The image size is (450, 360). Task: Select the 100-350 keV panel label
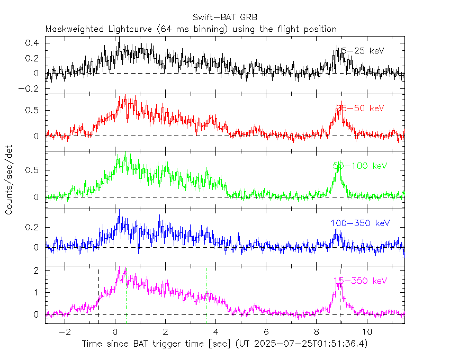point(360,223)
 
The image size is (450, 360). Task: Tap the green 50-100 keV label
point(358,166)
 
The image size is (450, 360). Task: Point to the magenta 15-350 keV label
point(360,281)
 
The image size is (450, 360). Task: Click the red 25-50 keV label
point(360,109)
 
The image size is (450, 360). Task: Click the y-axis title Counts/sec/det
point(9,181)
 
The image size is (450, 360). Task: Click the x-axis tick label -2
point(64,332)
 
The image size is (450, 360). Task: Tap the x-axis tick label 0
point(115,332)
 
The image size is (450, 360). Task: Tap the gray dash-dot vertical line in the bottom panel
point(206,296)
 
